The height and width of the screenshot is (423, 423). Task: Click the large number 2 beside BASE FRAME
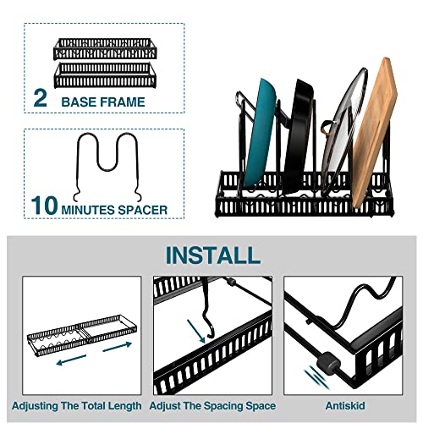click(40, 98)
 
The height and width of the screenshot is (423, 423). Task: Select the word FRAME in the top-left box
click(122, 102)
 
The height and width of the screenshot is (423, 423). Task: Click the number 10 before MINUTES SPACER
click(45, 206)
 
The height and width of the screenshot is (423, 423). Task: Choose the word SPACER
click(143, 210)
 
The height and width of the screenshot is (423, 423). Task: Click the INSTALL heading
click(213, 255)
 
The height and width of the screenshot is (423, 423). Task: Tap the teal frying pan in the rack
click(259, 133)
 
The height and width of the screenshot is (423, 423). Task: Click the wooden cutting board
click(374, 133)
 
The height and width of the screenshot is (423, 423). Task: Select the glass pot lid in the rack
click(344, 133)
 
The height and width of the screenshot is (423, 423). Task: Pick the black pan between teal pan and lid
click(299, 135)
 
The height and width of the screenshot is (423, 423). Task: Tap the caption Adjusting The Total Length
click(77, 406)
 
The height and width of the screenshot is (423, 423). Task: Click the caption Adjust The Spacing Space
click(212, 406)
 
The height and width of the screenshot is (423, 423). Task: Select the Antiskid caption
click(345, 406)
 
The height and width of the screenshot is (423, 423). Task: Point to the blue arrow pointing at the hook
click(196, 331)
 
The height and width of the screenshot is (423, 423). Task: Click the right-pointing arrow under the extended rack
click(118, 347)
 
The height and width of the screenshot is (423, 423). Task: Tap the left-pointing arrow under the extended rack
click(71, 360)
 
